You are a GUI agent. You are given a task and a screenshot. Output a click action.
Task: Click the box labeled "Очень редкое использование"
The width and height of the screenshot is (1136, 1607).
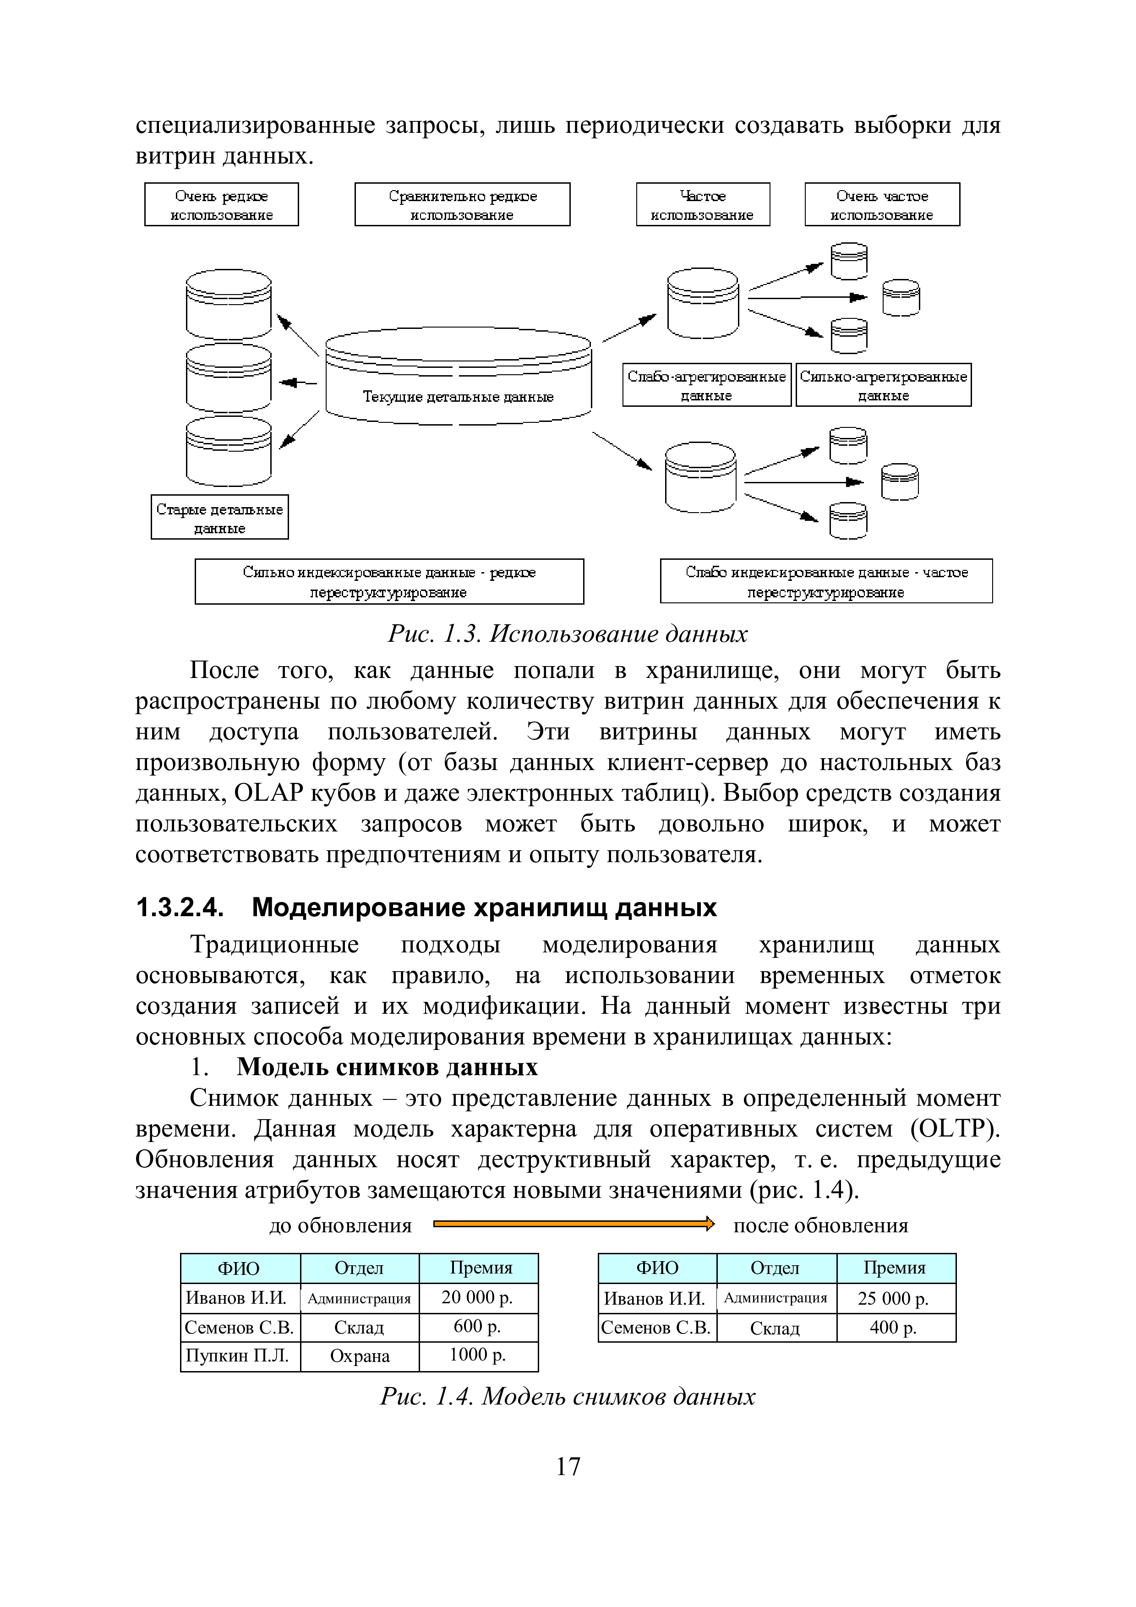tap(221, 204)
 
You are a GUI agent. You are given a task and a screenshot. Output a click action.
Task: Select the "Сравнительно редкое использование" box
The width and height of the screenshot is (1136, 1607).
tap(462, 204)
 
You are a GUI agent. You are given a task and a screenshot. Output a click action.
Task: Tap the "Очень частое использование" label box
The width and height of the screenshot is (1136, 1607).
tap(882, 204)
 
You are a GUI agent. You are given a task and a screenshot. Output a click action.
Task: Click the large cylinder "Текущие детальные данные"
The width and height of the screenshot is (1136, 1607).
tap(459, 382)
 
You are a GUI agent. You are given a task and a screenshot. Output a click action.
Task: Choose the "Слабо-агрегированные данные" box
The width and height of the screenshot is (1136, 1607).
tap(706, 385)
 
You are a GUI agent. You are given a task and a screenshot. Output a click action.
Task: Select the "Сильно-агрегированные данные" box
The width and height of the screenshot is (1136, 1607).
tap(883, 385)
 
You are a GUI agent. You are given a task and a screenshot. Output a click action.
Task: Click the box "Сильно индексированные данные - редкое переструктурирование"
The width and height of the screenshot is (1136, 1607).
tap(389, 582)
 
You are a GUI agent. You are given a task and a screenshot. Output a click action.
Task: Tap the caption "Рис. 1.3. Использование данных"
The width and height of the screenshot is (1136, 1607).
tap(568, 634)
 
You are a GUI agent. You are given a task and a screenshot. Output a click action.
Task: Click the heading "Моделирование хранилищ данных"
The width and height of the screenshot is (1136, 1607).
tap(484, 908)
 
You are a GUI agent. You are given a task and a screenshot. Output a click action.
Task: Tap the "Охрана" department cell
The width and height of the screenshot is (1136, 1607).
tap(360, 1356)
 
